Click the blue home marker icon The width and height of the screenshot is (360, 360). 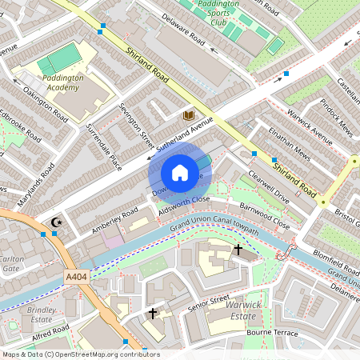(180, 173)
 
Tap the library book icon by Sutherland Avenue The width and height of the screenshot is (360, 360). (189, 117)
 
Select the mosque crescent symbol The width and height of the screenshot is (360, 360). (56, 222)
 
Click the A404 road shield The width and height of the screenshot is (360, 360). (75, 274)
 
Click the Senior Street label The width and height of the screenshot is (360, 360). (208, 302)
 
